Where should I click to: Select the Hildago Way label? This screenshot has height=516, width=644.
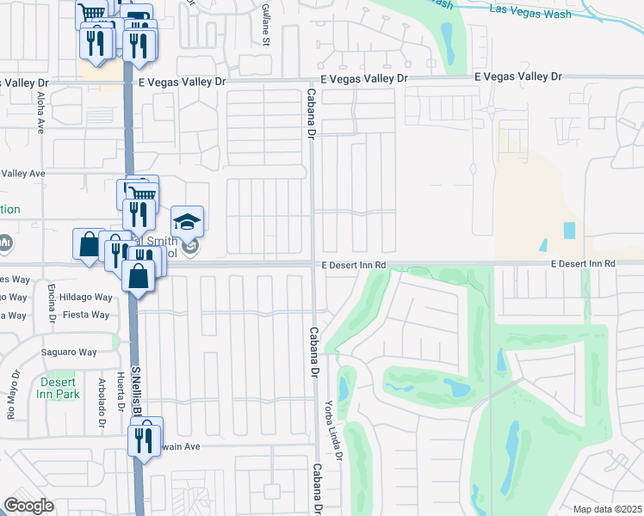tap(92, 297)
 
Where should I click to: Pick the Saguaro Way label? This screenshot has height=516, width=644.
tap(70, 352)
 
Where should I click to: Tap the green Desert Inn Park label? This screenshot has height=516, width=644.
tap(59, 387)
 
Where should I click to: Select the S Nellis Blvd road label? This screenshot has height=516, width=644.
tap(136, 391)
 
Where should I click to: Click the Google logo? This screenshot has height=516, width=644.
tap(28, 505)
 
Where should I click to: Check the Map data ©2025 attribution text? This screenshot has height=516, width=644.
tap(606, 509)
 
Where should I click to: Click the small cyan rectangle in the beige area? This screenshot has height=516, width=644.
tap(569, 230)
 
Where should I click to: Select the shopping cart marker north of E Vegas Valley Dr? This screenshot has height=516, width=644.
tap(90, 14)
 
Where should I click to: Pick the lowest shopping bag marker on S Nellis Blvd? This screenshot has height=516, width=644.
tap(139, 277)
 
